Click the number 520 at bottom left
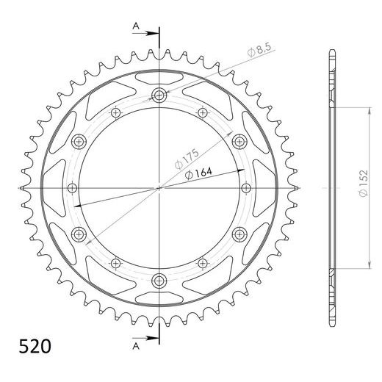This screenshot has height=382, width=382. (32, 345)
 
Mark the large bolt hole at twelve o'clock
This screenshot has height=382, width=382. (159, 95)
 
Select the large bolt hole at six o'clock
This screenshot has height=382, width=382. (159, 280)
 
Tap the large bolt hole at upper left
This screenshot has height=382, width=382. (79, 141)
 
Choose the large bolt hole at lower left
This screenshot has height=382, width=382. (79, 234)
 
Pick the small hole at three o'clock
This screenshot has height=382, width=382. (245, 187)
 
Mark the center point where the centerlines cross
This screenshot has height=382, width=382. (159, 187)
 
